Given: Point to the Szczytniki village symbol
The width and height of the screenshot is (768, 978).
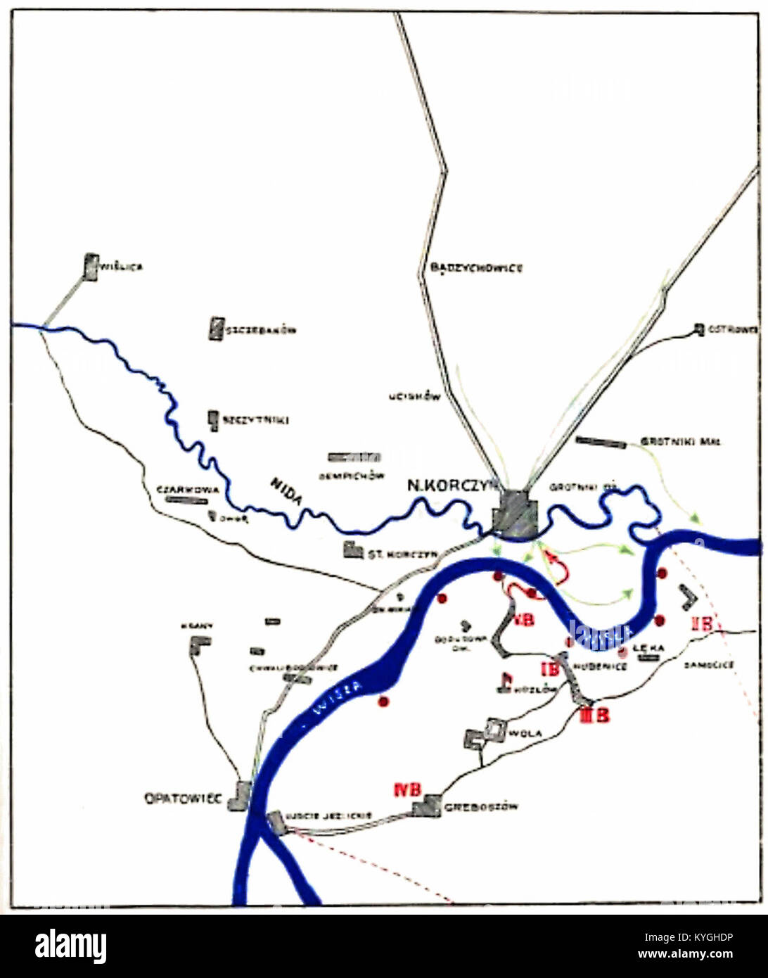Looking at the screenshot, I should [213, 419].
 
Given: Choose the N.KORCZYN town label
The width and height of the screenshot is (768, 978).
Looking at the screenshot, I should [453, 485].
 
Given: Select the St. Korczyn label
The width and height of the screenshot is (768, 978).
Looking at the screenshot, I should [402, 554].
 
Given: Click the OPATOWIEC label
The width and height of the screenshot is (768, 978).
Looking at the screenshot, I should [183, 799].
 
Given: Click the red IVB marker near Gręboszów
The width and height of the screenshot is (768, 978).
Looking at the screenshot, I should [408, 789].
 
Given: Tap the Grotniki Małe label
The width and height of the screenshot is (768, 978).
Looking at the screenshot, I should [680, 443].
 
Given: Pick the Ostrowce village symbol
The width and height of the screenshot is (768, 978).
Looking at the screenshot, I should [698, 329].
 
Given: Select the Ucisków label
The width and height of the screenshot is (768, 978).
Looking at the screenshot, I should [415, 397].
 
